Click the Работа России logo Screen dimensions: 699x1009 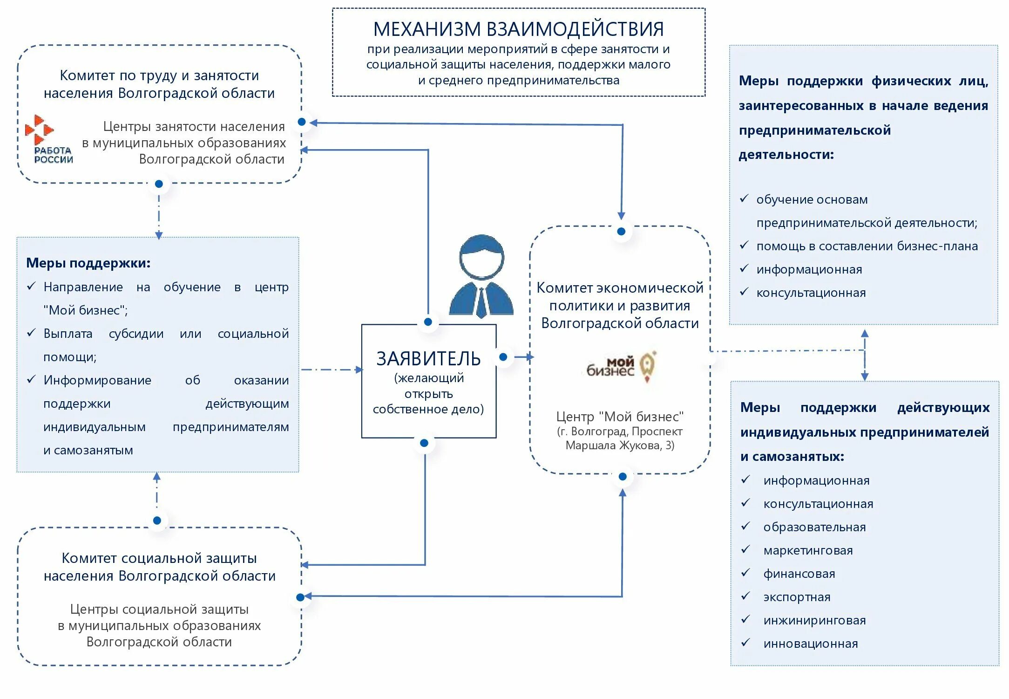[x=49, y=140]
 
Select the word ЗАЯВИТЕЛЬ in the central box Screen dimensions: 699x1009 [x=428, y=359]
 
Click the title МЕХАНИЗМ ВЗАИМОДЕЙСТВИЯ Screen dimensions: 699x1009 [x=518, y=29]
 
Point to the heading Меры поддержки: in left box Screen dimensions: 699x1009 [x=88, y=263]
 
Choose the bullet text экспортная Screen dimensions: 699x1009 [x=797, y=597]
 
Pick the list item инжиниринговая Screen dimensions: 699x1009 [x=814, y=620]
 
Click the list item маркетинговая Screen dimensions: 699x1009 [x=808, y=550]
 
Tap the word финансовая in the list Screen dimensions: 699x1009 [x=799, y=574]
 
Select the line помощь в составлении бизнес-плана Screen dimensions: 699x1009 [x=867, y=246]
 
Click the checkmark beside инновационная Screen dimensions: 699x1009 [x=746, y=643]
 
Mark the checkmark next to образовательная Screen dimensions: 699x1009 [x=746, y=526]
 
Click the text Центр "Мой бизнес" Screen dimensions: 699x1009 [x=620, y=416]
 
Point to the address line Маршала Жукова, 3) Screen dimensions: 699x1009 [x=620, y=445]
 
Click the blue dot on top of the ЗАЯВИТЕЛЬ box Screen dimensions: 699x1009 [x=428, y=322]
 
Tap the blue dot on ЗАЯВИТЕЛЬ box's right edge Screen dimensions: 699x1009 [x=503, y=357]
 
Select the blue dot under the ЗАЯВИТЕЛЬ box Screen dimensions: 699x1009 [x=424, y=443]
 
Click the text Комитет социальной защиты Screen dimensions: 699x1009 [x=159, y=558]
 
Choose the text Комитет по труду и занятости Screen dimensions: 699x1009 [x=159, y=75]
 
